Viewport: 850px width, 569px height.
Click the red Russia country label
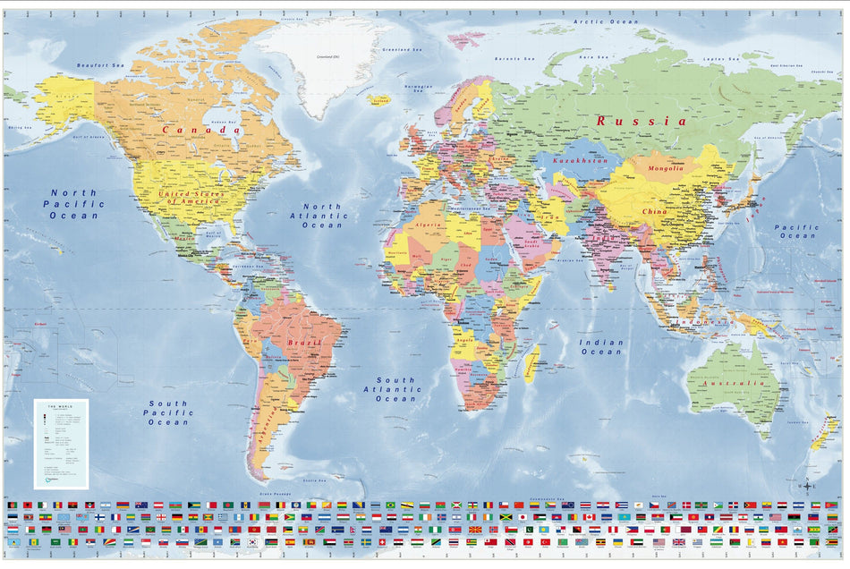[x=642, y=121]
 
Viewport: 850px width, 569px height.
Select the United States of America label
[x=190, y=196]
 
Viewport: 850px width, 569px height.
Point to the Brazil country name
[x=303, y=343]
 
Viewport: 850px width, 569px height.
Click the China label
[x=653, y=212]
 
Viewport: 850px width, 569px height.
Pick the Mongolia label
[x=665, y=167]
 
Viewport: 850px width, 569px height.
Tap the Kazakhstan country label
[x=574, y=161]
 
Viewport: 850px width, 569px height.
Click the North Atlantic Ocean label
[x=321, y=216]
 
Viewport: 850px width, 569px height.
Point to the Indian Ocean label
[x=601, y=347]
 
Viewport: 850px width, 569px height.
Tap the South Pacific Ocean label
[x=168, y=412]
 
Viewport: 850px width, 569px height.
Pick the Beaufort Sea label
[x=99, y=65]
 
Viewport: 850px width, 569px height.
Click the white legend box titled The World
[x=62, y=444]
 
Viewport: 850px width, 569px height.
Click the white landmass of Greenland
[x=322, y=63]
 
